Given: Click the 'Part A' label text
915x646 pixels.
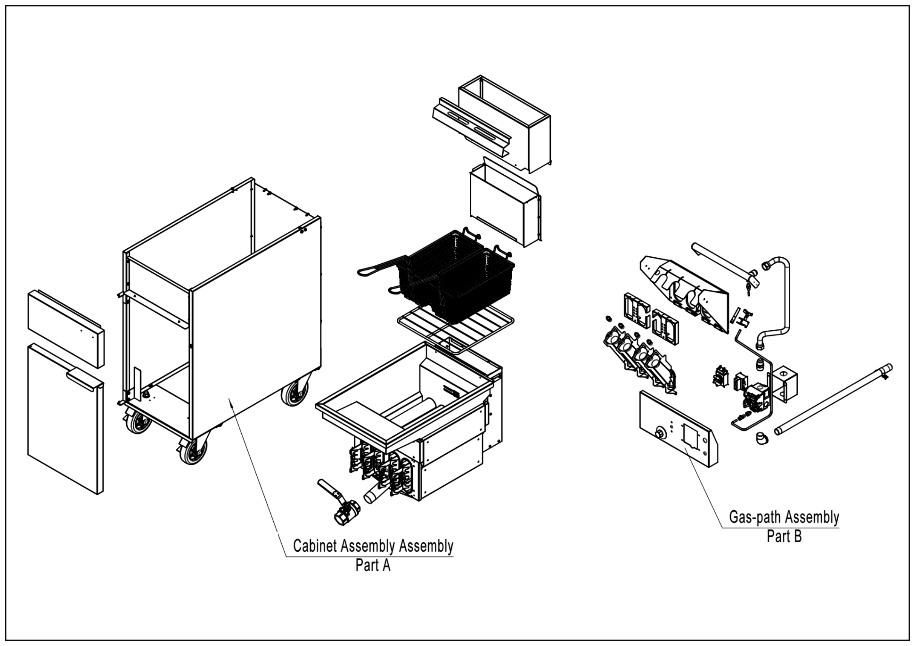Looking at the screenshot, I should pos(372,566).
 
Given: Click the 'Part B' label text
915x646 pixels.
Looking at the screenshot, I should pos(784,537).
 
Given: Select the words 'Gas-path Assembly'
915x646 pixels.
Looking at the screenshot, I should pos(784,517).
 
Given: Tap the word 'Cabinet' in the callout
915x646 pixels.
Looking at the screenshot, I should pos(315,546).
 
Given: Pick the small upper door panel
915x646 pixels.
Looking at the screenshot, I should pos(66,329).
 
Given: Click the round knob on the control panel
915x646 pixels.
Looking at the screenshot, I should pos(661,433).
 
